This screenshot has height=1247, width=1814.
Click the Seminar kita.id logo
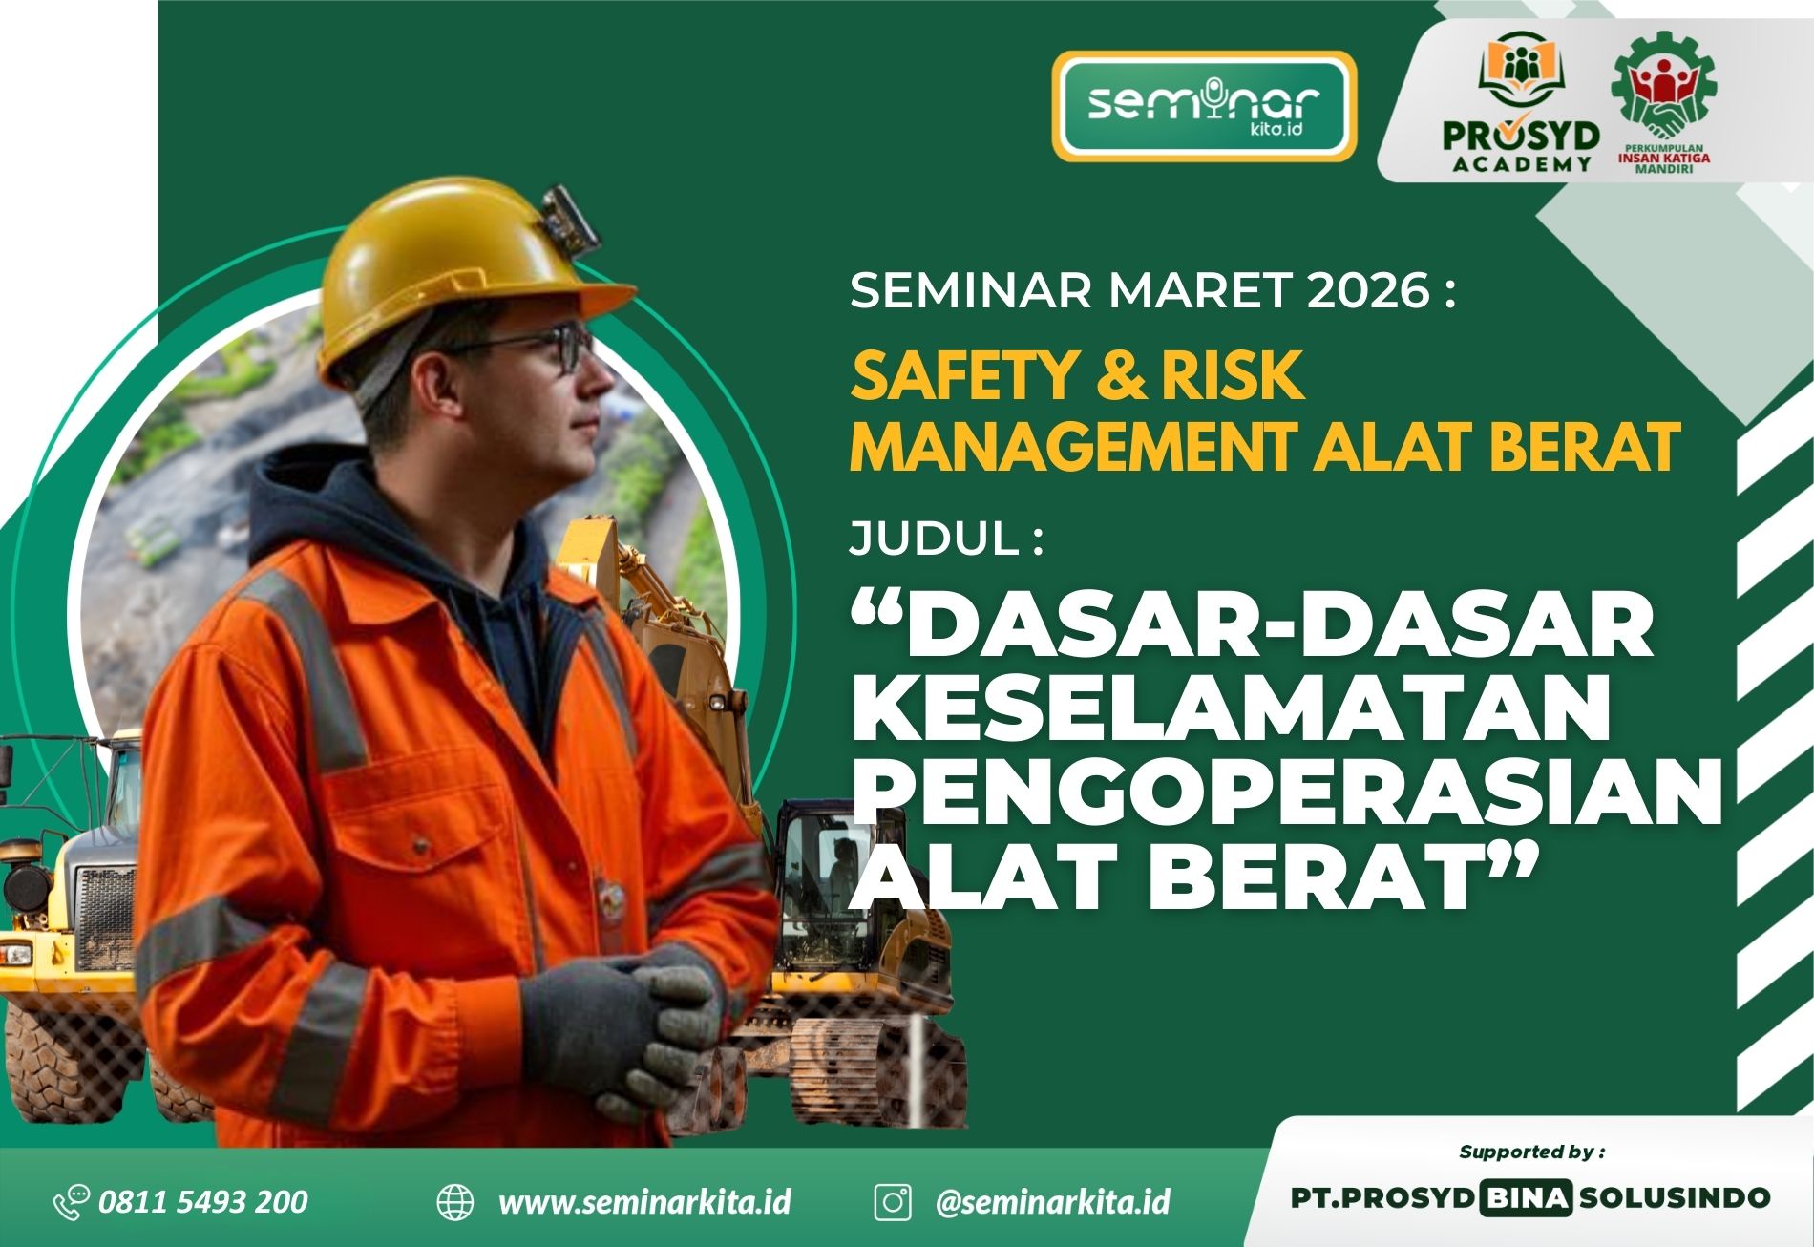click(1204, 105)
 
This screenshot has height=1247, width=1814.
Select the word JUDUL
click(934, 541)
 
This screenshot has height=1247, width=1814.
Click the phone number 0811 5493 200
click(203, 1200)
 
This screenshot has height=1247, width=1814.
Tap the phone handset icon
click(71, 1201)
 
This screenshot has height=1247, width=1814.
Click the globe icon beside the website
click(454, 1202)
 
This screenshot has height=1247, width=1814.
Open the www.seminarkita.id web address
click(644, 1201)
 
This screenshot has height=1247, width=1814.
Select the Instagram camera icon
click(893, 1201)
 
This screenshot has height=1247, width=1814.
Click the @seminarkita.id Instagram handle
click(1052, 1201)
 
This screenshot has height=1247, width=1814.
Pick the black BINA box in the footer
click(1524, 1197)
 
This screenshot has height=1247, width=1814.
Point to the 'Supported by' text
click(1531, 1152)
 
